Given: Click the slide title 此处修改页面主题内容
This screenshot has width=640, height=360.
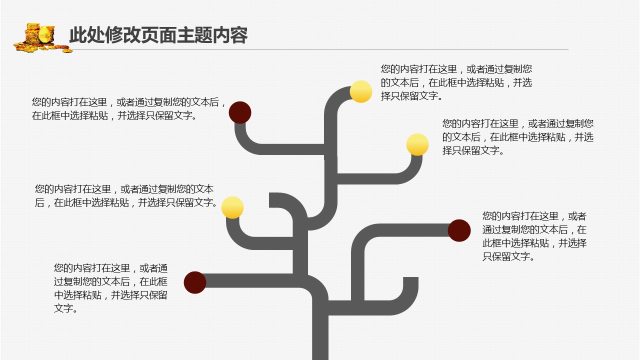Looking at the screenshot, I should (158, 35).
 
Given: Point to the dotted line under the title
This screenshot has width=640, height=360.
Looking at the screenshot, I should (320, 49).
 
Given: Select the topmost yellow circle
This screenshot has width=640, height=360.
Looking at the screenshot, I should (360, 91).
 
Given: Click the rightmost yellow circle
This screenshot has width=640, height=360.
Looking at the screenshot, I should (417, 144).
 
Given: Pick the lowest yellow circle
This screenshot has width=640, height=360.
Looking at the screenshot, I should (232, 207).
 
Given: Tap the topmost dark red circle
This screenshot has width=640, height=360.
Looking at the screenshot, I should (240, 112).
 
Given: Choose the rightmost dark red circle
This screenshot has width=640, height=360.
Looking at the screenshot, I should (459, 230).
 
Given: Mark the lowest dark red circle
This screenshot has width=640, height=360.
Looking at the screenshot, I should (195, 282).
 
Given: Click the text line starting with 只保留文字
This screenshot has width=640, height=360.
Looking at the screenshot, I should (508, 257).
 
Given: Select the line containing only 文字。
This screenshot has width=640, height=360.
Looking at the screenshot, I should (66, 308).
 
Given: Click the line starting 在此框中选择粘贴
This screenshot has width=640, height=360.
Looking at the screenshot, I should (114, 116).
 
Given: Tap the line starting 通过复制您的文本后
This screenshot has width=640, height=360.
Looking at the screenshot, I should (534, 230).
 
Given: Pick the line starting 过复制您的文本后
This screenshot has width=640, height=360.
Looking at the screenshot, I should (110, 281).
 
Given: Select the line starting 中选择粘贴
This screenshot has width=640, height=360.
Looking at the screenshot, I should (110, 295).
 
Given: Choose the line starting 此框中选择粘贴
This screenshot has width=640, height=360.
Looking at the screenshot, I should (534, 243).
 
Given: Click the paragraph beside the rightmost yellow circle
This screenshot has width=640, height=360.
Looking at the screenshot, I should (517, 137).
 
